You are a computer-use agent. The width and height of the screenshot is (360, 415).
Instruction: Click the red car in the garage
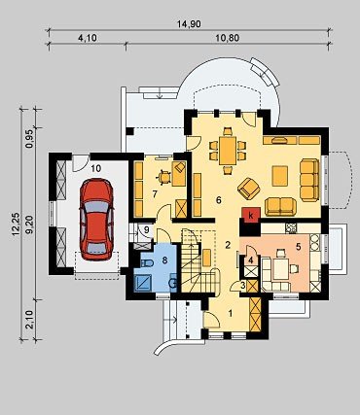click(x=96, y=220)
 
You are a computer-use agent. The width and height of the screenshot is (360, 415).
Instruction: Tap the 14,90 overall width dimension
click(x=189, y=24)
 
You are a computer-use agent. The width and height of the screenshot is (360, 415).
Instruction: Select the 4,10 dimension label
click(x=87, y=38)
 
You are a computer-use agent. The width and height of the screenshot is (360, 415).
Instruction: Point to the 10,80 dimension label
click(x=228, y=38)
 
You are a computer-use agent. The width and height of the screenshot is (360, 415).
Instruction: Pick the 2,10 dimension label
click(x=29, y=320)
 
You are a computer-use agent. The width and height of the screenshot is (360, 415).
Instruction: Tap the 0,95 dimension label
click(x=29, y=139)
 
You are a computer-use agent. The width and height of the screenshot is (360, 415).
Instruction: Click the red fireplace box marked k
click(x=250, y=215)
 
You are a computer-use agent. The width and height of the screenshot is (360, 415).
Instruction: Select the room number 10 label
click(x=96, y=168)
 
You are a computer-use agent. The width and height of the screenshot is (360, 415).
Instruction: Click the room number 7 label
click(x=155, y=193)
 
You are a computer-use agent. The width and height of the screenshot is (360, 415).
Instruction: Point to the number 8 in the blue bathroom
click(x=164, y=259)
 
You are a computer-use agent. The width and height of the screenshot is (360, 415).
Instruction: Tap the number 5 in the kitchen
click(x=298, y=247)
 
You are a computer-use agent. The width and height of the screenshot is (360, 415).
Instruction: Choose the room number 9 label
click(x=147, y=230)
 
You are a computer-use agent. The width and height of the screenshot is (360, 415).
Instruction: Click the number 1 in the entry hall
click(x=231, y=313)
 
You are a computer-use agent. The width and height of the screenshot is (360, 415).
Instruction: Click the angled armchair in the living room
click(x=249, y=189)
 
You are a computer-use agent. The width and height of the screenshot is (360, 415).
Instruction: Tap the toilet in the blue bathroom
click(x=147, y=263)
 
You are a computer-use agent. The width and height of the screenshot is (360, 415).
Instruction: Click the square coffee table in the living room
click(x=280, y=176)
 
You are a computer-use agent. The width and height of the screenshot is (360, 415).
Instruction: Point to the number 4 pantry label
click(x=250, y=259)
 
